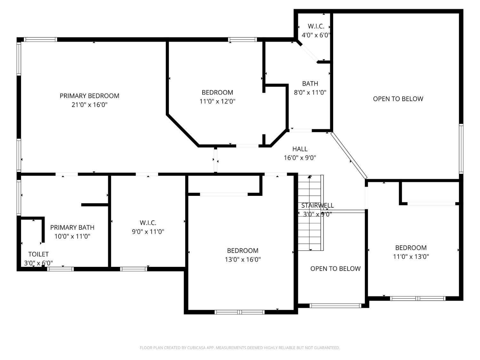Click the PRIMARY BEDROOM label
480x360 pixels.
tap(89, 96)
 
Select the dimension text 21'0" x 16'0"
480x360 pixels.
tap(89, 105)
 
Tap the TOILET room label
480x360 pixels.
tap(38, 254)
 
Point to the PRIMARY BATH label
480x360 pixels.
tap(72, 228)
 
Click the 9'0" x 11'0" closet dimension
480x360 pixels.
tap(148, 232)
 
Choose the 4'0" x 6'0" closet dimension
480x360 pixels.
tap(316, 35)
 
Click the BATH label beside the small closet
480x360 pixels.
tap(310, 84)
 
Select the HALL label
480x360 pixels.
tap(300, 149)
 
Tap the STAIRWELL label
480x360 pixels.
tap(317, 205)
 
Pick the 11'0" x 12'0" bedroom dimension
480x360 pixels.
tap(217, 101)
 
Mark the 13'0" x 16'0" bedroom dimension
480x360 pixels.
tap(243, 260)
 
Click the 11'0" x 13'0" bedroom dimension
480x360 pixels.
tap(411, 256)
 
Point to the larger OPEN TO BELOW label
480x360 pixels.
tap(398, 99)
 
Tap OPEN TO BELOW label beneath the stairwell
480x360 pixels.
tap(335, 268)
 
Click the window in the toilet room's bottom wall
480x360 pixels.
tap(60, 269)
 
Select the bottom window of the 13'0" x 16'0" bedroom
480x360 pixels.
tap(240, 312)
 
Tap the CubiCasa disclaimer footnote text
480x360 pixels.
tap(240, 348)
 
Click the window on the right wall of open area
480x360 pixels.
tap(461, 149)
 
